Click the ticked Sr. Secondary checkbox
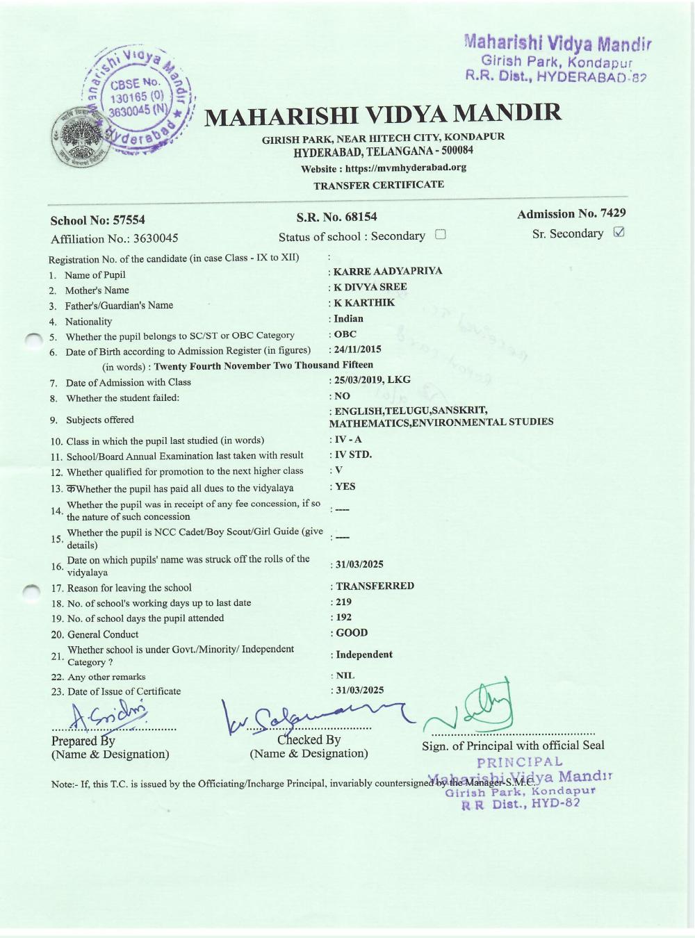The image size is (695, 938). pyautogui.click(x=619, y=232)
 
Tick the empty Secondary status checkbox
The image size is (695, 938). pyautogui.click(x=440, y=235)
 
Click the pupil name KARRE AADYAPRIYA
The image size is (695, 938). pyautogui.click(x=388, y=271)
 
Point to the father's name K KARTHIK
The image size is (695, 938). pyautogui.click(x=364, y=303)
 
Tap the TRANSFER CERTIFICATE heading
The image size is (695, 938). pyautogui.click(x=379, y=185)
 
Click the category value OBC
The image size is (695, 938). pyautogui.click(x=345, y=334)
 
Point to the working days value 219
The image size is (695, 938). pyautogui.click(x=343, y=602)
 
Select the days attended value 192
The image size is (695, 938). pyautogui.click(x=343, y=617)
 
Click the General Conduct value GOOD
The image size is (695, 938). pyautogui.click(x=352, y=633)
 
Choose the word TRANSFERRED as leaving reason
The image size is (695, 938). pyautogui.click(x=375, y=586)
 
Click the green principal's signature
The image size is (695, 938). pyautogui.click(x=473, y=707)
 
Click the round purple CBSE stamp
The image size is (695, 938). pyautogui.click(x=139, y=97)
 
